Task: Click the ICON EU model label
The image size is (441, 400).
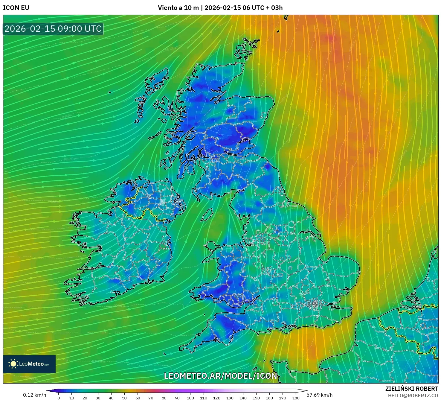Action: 16,8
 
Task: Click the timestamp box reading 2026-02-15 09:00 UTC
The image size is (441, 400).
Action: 53,29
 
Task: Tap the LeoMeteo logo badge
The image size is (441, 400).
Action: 29,364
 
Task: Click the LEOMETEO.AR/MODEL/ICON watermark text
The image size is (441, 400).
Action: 221,376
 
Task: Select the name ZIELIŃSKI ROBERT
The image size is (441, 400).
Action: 411,389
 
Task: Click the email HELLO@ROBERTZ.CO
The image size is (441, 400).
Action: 413,396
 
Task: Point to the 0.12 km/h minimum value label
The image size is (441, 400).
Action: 35,395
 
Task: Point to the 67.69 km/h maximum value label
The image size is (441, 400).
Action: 320,395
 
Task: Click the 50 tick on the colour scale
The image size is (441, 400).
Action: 124,398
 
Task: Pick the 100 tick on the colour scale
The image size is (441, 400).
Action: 190,398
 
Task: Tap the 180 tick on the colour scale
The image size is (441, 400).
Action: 296,398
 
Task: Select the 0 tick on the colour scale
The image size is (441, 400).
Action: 59,398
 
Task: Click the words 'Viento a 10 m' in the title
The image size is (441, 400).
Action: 178,8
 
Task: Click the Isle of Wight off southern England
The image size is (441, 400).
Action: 280,330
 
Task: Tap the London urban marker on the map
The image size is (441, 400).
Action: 315,304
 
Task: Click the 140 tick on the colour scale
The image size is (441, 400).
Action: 243,398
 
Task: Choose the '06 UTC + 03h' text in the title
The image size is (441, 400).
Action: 263,8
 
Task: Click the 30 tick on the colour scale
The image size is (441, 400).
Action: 98,398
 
